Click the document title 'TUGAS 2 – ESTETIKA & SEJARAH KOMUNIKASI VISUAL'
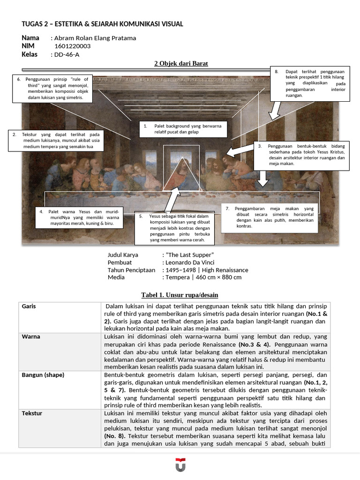click(x=102, y=24)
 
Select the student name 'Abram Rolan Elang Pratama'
click(x=95, y=38)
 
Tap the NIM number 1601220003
click(x=73, y=46)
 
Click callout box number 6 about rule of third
click(x=53, y=89)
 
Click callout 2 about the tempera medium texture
click(x=56, y=141)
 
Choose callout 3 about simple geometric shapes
click(x=301, y=155)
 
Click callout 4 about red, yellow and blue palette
click(x=80, y=218)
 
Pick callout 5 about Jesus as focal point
click(x=174, y=228)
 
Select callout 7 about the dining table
click(x=270, y=217)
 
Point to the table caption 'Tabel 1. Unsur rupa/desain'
click(x=180, y=295)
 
